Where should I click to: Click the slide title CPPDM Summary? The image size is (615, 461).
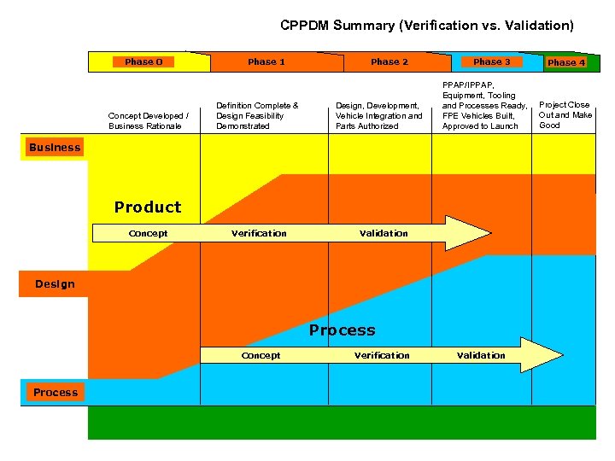tap(427, 26)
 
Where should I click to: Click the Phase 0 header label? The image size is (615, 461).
tap(143, 61)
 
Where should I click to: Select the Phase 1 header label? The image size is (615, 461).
tap(266, 61)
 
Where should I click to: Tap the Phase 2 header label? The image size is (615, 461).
tap(389, 61)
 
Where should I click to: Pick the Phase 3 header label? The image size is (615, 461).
tap(492, 61)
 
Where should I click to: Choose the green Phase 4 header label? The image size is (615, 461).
tap(566, 62)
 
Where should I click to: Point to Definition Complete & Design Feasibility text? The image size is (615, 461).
tap(257, 115)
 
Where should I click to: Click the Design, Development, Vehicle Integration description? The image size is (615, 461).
tap(378, 115)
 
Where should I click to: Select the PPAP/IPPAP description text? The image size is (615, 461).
tap(484, 106)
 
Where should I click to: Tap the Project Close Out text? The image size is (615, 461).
tap(565, 115)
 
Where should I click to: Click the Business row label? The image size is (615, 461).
tap(55, 148)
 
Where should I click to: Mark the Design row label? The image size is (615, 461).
tap(55, 284)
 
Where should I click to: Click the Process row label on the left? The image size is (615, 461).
tap(56, 393)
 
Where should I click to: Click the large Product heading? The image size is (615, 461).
tap(148, 207)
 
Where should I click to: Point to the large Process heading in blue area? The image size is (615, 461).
tap(342, 330)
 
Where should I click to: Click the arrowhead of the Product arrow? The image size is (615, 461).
tap(470, 233)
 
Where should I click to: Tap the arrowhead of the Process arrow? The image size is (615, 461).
tap(542, 355)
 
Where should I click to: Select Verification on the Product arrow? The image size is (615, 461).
tap(259, 233)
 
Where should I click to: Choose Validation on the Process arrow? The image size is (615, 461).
tap(481, 355)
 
